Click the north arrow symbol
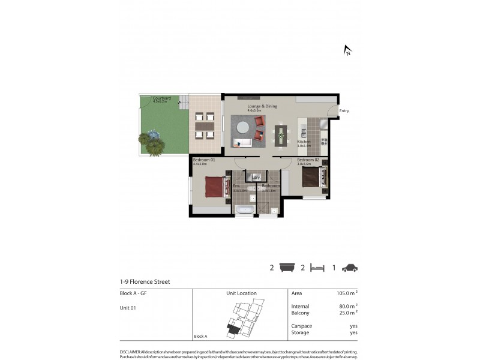click(347, 50)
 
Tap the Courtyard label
click(162, 98)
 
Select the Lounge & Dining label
click(262, 106)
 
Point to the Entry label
click(344, 110)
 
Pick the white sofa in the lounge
click(243, 143)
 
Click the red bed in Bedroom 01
click(214, 186)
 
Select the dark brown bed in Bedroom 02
click(311, 176)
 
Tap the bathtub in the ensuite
click(244, 210)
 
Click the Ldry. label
click(256, 178)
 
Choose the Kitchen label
click(304, 142)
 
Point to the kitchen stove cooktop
click(324, 142)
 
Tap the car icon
click(349, 268)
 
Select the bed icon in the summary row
click(317, 268)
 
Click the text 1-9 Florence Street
click(145, 281)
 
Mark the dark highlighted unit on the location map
click(232, 328)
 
